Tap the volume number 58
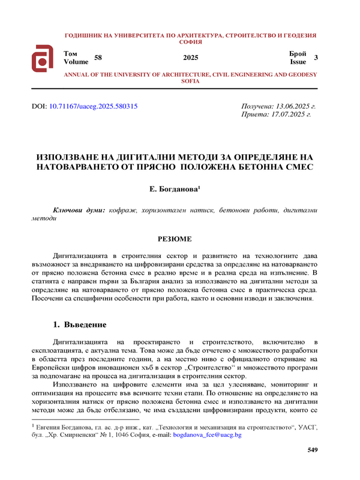pos(98,58)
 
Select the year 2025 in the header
pos(191,58)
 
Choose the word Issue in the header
pos(298,61)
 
